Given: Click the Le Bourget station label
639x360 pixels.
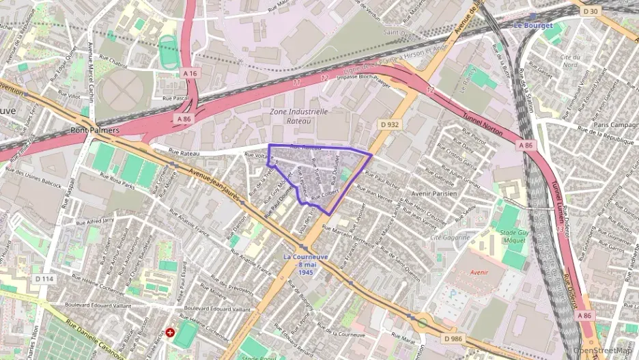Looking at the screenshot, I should tap(532, 25).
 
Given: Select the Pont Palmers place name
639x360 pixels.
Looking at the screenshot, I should tap(95, 130).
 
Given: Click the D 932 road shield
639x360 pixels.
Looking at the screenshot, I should tap(390, 125).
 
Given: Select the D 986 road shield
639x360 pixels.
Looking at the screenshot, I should tap(453, 338).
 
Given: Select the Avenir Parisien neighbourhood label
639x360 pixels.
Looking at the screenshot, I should tap(434, 193).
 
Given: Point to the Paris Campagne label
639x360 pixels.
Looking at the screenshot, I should tap(615, 125).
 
